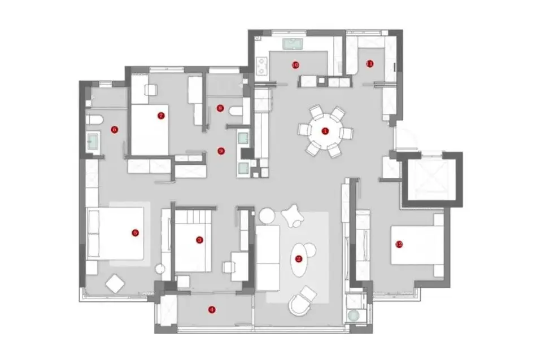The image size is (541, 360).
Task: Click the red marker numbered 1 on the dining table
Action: (325, 131)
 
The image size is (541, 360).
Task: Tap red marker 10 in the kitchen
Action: (295, 64)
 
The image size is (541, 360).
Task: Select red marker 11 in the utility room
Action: (370, 63)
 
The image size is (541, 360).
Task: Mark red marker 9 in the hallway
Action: (221, 151)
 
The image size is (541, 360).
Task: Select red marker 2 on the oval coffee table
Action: (299, 259)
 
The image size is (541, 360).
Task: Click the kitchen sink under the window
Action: (294, 43)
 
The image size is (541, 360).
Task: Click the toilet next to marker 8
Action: (236, 111)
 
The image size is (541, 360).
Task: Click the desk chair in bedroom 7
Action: (151, 90)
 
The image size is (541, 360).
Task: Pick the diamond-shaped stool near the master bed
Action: (115, 283)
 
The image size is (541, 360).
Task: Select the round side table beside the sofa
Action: (266, 215)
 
